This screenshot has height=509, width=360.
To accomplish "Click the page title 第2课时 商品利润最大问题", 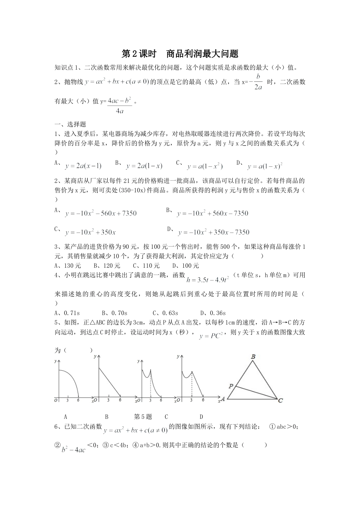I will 180,54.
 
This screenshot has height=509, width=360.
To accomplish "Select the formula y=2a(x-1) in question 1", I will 83,166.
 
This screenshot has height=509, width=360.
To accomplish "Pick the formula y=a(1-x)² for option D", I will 265,166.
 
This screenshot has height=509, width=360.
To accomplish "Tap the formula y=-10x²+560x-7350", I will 212,214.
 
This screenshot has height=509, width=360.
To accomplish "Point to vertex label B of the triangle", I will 253,356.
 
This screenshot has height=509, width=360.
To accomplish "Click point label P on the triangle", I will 230,386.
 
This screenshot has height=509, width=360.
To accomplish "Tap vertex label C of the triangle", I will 280,400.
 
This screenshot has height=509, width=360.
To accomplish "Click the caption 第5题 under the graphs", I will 143,417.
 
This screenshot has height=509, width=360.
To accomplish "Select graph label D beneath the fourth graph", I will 202,417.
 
